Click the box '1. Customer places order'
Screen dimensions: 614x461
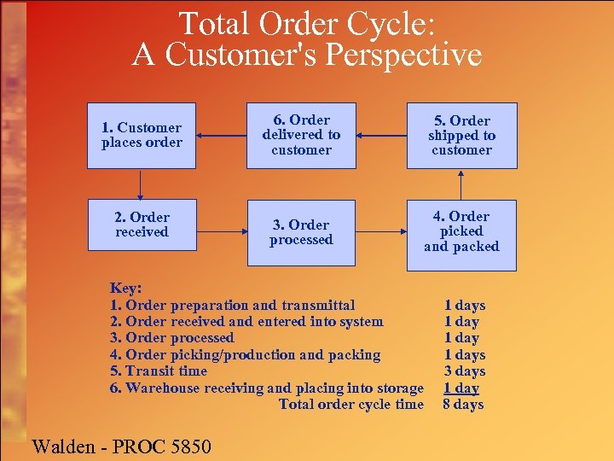point(142,136)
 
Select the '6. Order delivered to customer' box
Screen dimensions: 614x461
point(301,136)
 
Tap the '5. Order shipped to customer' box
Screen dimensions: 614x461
point(461,136)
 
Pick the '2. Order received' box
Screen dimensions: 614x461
point(142,225)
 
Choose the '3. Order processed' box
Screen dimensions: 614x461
point(301,232)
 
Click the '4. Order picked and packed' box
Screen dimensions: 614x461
point(461,232)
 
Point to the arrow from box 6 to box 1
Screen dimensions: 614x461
point(221,135)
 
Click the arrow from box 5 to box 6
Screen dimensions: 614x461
point(381,135)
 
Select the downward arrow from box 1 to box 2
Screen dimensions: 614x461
point(142,183)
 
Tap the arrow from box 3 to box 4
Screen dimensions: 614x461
point(381,230)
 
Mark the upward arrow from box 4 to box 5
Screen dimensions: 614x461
point(461,184)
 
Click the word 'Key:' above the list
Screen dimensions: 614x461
point(126,289)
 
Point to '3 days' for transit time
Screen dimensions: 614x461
point(464,371)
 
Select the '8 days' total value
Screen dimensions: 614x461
point(463,405)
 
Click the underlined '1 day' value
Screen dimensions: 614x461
point(461,388)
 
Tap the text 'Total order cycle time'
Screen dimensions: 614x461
point(350,405)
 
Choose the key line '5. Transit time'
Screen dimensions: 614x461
point(159,371)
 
